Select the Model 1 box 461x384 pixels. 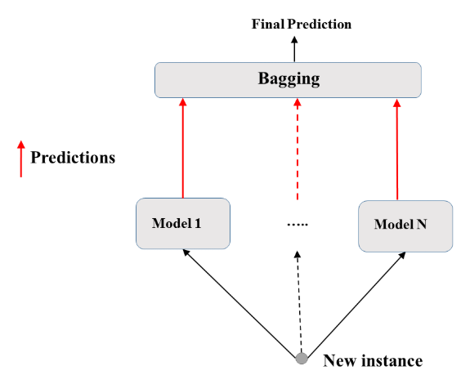[x=184, y=223]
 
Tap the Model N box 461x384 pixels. [x=405, y=225]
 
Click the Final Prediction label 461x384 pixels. [x=302, y=24]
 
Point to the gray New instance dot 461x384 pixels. [x=302, y=358]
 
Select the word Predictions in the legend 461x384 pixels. [x=73, y=157]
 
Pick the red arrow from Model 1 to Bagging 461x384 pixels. [x=183, y=147]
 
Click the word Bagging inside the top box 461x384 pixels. [x=289, y=80]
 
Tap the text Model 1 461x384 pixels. [x=177, y=222]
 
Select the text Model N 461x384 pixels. [x=401, y=224]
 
